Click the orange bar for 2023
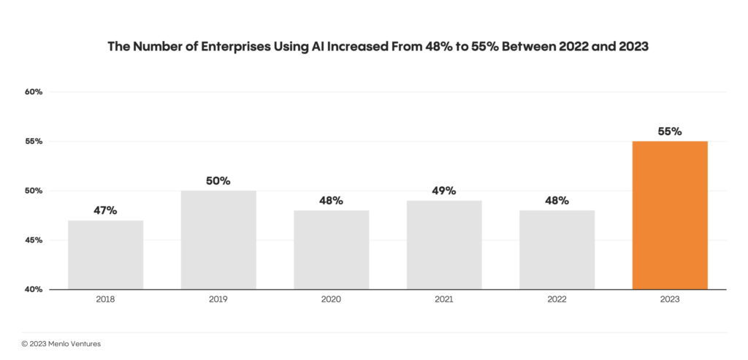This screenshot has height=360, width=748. tap(669, 215)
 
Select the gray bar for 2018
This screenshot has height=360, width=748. tap(105, 255)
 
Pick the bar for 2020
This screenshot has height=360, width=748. tap(331, 250)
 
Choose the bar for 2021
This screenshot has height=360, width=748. tap(444, 245)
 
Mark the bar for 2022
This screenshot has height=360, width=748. tap(557, 250)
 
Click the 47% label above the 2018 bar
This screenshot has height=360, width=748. tap(105, 210)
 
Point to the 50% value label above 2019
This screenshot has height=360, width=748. tap(218, 180)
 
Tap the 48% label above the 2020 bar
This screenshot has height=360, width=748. tap(331, 200)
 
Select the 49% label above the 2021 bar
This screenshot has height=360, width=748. tap(444, 191)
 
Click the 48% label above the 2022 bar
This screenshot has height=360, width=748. tap(557, 200)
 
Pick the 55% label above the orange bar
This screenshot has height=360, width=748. tap(669, 131)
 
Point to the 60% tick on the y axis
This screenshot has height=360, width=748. tap(34, 92)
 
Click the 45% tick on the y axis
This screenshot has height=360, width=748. tap(34, 240)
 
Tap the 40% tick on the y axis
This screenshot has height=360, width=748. tap(34, 290)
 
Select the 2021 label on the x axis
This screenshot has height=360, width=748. tap(444, 301)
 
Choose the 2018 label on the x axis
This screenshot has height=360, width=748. tap(105, 301)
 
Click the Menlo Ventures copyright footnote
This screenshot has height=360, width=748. tap(61, 343)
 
